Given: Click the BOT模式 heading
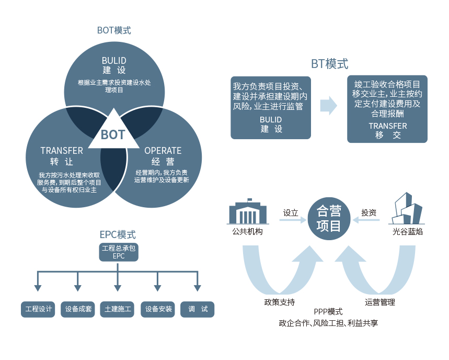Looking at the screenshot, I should click(114, 30).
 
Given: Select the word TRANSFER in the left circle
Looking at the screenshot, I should click(62, 151).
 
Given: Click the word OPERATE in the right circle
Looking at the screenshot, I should click(163, 151).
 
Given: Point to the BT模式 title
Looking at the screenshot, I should click(329, 64).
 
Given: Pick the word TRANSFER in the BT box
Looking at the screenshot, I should click(387, 126).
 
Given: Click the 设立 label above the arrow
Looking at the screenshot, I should click(291, 213).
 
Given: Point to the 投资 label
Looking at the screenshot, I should click(369, 213).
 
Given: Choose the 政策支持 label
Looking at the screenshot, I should click(279, 302).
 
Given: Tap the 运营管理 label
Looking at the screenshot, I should click(379, 302).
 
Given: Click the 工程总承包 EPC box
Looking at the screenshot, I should click(119, 252).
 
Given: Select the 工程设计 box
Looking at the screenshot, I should click(39, 309).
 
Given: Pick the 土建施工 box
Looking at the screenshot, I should click(119, 309).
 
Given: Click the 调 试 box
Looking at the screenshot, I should click(198, 309).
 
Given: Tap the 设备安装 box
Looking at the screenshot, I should click(158, 309).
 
